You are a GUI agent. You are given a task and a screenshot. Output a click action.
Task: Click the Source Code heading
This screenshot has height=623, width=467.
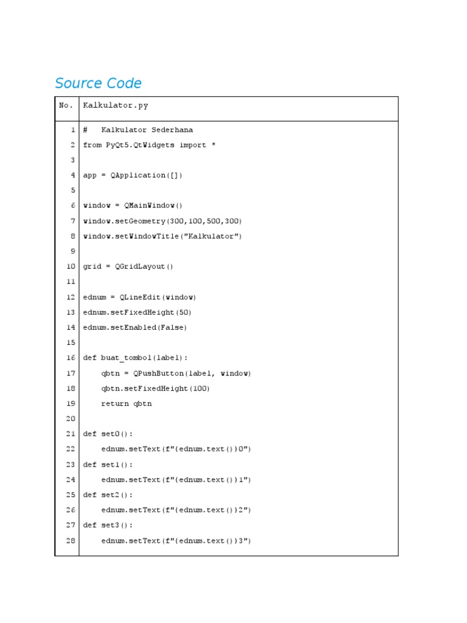[x=98, y=83]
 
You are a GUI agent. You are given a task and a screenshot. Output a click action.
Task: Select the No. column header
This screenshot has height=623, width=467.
[x=66, y=105]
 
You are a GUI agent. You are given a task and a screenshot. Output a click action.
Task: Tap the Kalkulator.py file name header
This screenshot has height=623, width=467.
[x=116, y=105]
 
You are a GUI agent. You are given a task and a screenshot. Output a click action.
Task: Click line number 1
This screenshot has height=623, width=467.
[x=73, y=130]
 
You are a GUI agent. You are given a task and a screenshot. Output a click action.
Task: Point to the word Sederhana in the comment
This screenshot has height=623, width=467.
[x=172, y=130]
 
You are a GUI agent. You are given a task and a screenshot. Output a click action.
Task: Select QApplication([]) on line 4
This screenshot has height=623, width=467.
[x=147, y=175]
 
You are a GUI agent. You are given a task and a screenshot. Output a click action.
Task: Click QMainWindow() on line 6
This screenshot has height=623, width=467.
[x=153, y=206]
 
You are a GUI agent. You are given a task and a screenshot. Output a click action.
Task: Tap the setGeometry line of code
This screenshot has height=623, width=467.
[x=162, y=221]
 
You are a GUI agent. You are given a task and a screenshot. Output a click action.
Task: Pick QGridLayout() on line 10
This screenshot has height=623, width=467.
[x=144, y=266]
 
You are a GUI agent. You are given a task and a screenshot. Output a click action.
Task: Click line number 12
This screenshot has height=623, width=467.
[x=71, y=297]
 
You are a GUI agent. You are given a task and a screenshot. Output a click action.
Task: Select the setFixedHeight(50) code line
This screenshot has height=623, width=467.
[x=137, y=312]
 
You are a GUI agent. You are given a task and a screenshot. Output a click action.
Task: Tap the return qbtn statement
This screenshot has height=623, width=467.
[x=126, y=403]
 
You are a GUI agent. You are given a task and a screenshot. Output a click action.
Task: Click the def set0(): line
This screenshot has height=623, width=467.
[x=108, y=434]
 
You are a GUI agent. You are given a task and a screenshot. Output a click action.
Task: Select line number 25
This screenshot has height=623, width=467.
[x=71, y=495]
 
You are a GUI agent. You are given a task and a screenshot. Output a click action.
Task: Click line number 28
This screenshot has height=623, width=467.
[x=71, y=540]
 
